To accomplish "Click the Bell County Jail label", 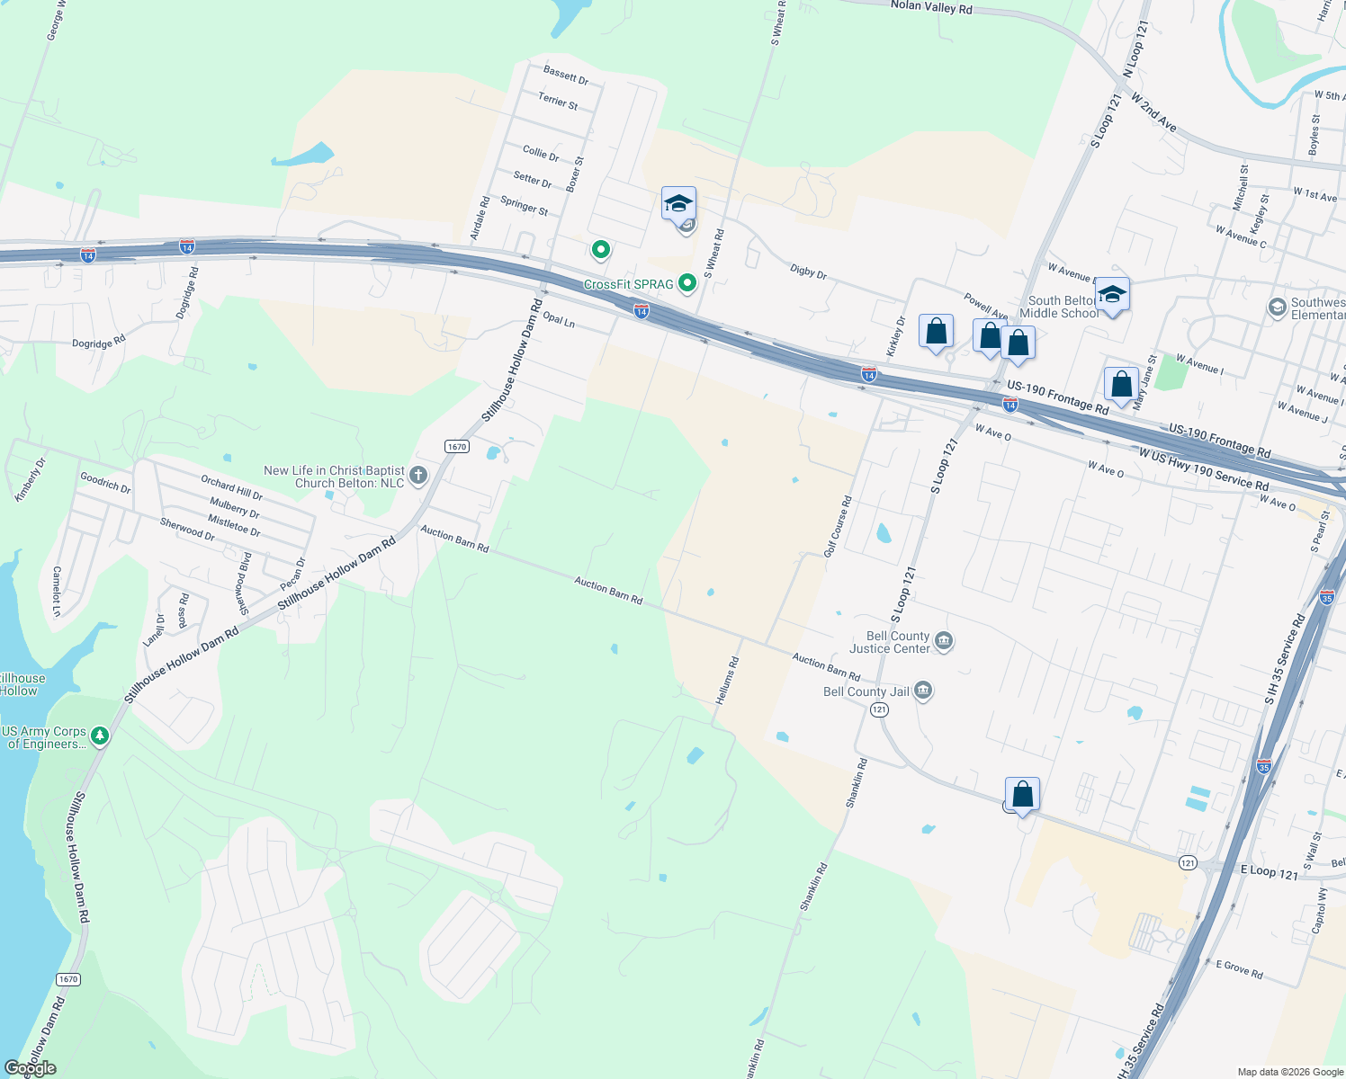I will [x=866, y=691].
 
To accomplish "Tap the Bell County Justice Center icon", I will [x=944, y=641].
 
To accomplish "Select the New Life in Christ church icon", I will [x=417, y=476].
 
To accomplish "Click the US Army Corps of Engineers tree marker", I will [x=100, y=736].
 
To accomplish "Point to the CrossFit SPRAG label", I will [x=628, y=284].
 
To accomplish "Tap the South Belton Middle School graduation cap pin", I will [x=1112, y=296].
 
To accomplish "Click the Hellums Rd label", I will [x=727, y=680].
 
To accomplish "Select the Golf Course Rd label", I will [x=837, y=527].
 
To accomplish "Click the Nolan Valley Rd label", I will [x=930, y=7].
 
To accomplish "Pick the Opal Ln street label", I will [x=559, y=320].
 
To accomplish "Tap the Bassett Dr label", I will [x=565, y=75].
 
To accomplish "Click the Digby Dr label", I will [x=808, y=271].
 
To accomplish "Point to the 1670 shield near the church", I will [x=456, y=447].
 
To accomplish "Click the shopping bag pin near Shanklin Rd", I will [x=1022, y=795].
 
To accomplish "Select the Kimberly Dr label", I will [x=30, y=479].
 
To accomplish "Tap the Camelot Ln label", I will [x=57, y=591].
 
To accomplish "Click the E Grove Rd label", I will [x=1239, y=969].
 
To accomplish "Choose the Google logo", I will [x=30, y=1068].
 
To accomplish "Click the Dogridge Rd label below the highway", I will [x=99, y=343].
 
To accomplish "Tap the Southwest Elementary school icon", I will [x=1276, y=308].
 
